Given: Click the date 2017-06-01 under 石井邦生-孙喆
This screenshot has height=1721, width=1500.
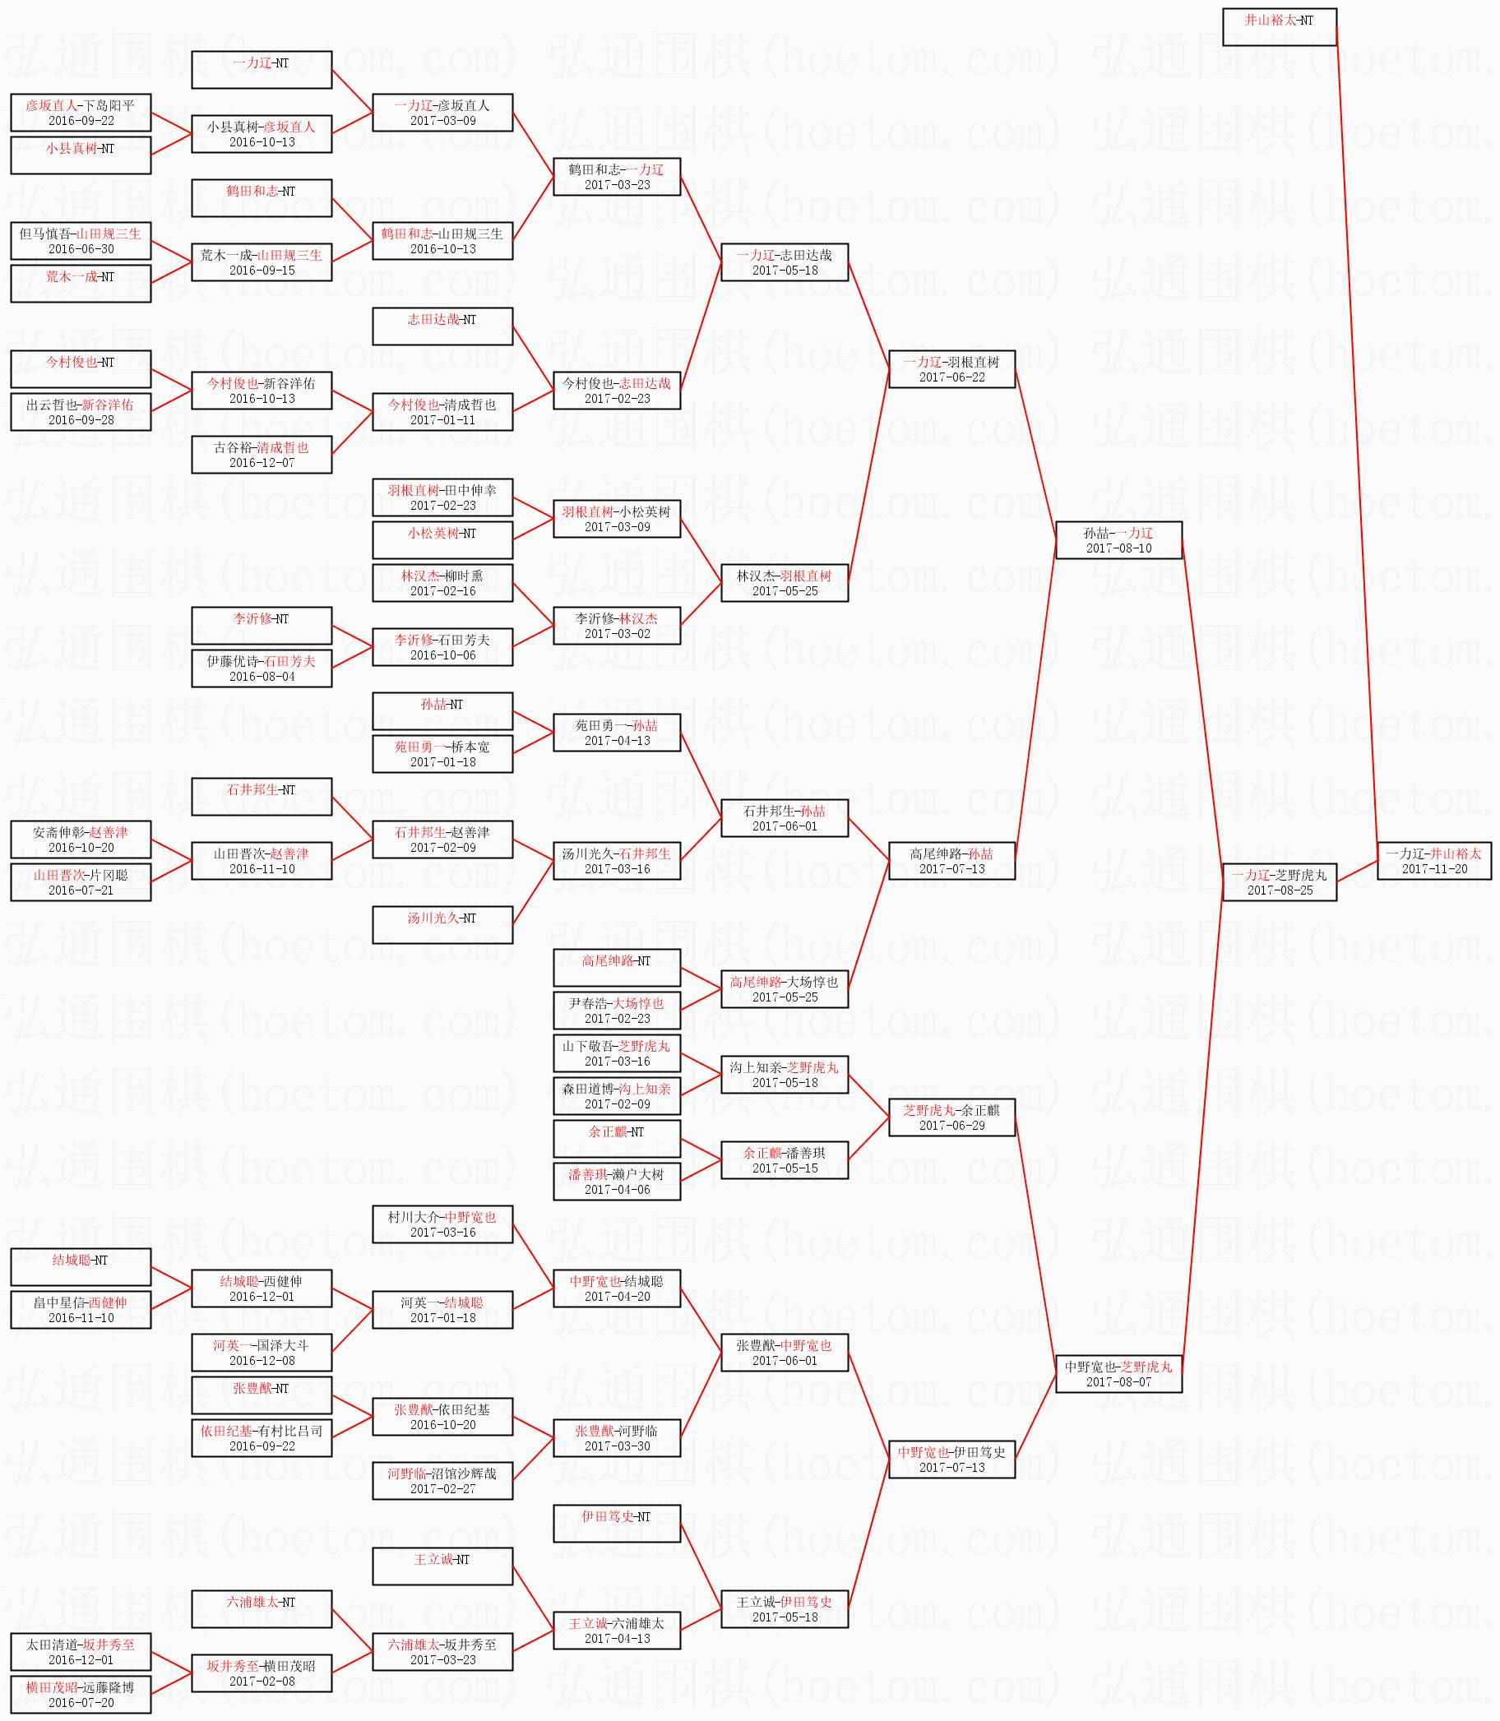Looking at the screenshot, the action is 785,826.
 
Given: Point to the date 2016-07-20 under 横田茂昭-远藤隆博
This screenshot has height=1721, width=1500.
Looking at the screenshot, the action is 81,1703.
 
